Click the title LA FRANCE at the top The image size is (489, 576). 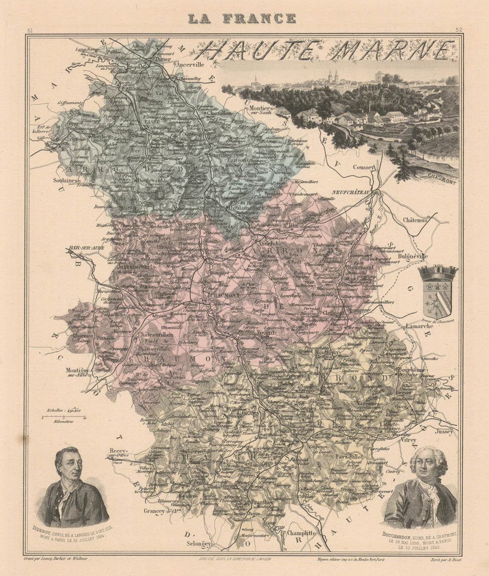point(242,19)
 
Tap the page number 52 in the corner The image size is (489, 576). point(459,30)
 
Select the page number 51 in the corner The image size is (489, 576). point(30,30)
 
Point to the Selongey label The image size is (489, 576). point(198,543)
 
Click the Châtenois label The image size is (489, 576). point(416,221)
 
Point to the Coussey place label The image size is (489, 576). point(363,167)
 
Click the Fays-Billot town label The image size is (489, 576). point(349,456)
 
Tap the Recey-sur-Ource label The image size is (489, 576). point(118,452)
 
